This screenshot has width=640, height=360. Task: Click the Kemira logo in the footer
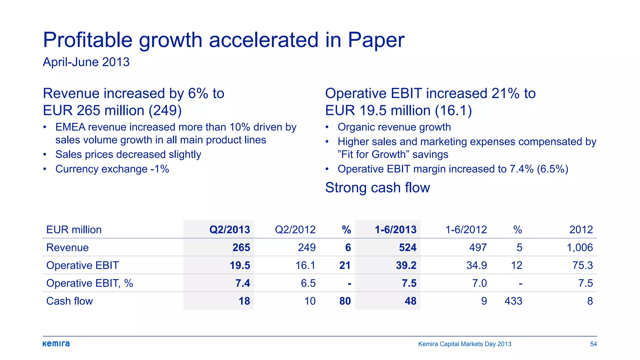(56, 344)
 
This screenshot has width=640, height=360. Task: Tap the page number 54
(593, 344)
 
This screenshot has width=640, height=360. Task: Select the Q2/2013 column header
(229, 230)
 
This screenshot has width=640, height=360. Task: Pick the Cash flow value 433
(513, 301)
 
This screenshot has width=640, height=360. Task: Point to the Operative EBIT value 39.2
(406, 265)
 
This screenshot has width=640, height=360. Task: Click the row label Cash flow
(69, 301)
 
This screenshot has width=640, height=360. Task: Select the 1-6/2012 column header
(466, 230)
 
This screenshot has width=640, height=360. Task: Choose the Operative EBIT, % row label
(89, 283)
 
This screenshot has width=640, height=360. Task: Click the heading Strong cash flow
(377, 187)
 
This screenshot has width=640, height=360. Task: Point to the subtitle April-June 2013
(86, 62)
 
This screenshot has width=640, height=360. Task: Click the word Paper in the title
(376, 40)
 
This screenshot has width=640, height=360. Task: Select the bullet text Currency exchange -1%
(112, 169)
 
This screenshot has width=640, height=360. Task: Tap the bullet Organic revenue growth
(394, 127)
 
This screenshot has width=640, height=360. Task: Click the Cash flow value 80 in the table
(345, 301)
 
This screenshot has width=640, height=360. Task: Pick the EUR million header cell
(74, 230)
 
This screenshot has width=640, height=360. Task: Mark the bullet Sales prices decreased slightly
(128, 154)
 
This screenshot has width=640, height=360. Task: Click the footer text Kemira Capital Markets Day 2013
(464, 344)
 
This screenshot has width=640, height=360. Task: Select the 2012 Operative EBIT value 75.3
(582, 265)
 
